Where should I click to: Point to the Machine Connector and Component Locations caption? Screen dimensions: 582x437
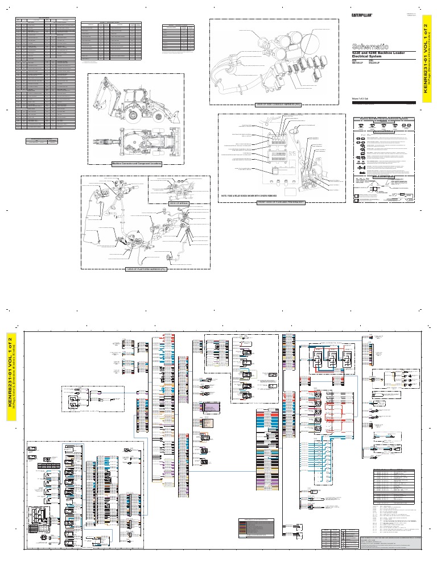click(137, 163)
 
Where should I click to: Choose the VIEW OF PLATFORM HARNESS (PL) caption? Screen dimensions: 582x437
click(148, 270)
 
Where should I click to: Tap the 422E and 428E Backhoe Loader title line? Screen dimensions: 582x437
click(377, 53)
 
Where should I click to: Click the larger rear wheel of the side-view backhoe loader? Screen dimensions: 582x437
click(133, 114)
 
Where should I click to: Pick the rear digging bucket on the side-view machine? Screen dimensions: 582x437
click(103, 117)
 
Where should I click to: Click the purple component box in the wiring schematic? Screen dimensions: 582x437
click(211, 408)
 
